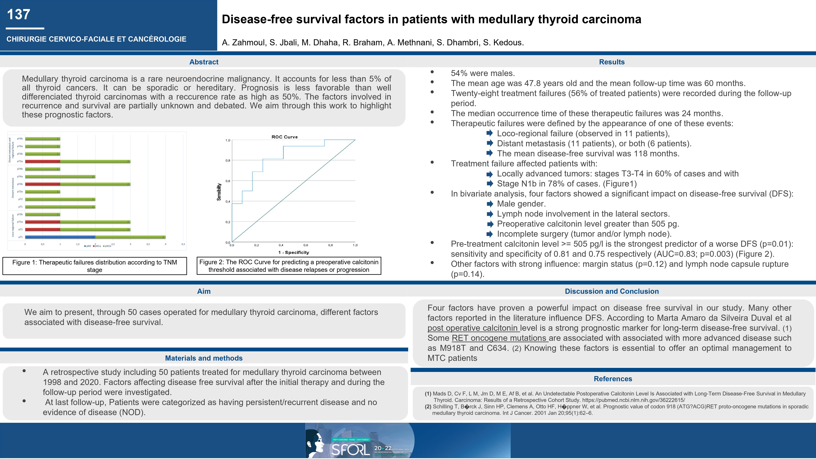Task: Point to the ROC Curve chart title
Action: click(x=284, y=137)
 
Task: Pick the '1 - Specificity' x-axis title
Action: click(x=293, y=252)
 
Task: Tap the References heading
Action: click(x=613, y=379)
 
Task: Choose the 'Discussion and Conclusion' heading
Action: click(x=612, y=291)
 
